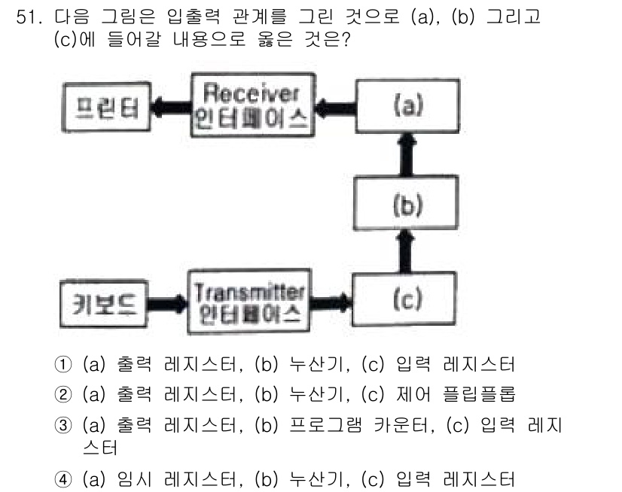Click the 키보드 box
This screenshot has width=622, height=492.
tap(102, 305)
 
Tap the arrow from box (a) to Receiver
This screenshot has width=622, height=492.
tap(333, 108)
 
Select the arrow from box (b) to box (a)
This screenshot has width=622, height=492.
tap(407, 156)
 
